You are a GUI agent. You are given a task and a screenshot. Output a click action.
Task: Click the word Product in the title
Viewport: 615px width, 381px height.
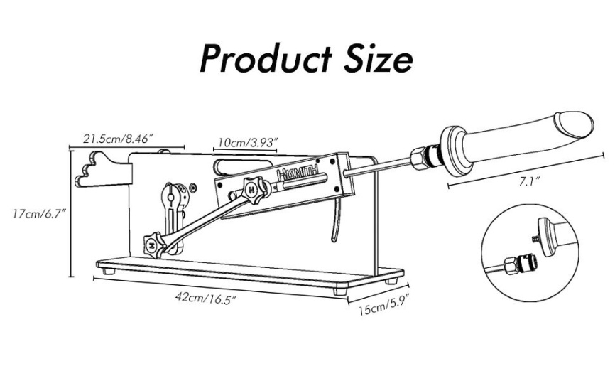(266, 59)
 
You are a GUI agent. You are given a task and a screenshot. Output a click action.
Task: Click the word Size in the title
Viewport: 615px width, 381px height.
(378, 59)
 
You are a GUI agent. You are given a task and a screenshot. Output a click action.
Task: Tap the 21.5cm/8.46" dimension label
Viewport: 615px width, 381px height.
(118, 139)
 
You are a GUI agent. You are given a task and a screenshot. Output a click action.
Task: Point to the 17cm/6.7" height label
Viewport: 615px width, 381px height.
(38, 215)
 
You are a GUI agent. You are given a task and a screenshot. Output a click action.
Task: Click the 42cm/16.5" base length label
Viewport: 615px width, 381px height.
(207, 297)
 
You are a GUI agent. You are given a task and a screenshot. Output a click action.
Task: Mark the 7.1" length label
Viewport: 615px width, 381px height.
(530, 181)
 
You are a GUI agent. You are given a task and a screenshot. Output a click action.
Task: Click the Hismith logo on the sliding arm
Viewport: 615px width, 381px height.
(298, 173)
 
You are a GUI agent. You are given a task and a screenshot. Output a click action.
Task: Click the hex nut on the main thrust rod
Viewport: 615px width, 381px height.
(419, 158)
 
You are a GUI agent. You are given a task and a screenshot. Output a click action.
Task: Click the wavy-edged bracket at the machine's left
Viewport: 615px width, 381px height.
(103, 169)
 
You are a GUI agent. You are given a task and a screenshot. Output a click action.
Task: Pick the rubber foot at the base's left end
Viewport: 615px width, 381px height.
(110, 272)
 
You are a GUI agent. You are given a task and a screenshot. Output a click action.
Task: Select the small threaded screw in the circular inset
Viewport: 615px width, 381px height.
(535, 238)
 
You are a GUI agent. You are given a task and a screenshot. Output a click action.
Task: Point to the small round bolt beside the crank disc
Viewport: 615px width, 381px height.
(193, 188)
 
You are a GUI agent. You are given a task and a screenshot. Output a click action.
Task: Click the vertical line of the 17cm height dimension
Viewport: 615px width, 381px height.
(72, 213)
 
